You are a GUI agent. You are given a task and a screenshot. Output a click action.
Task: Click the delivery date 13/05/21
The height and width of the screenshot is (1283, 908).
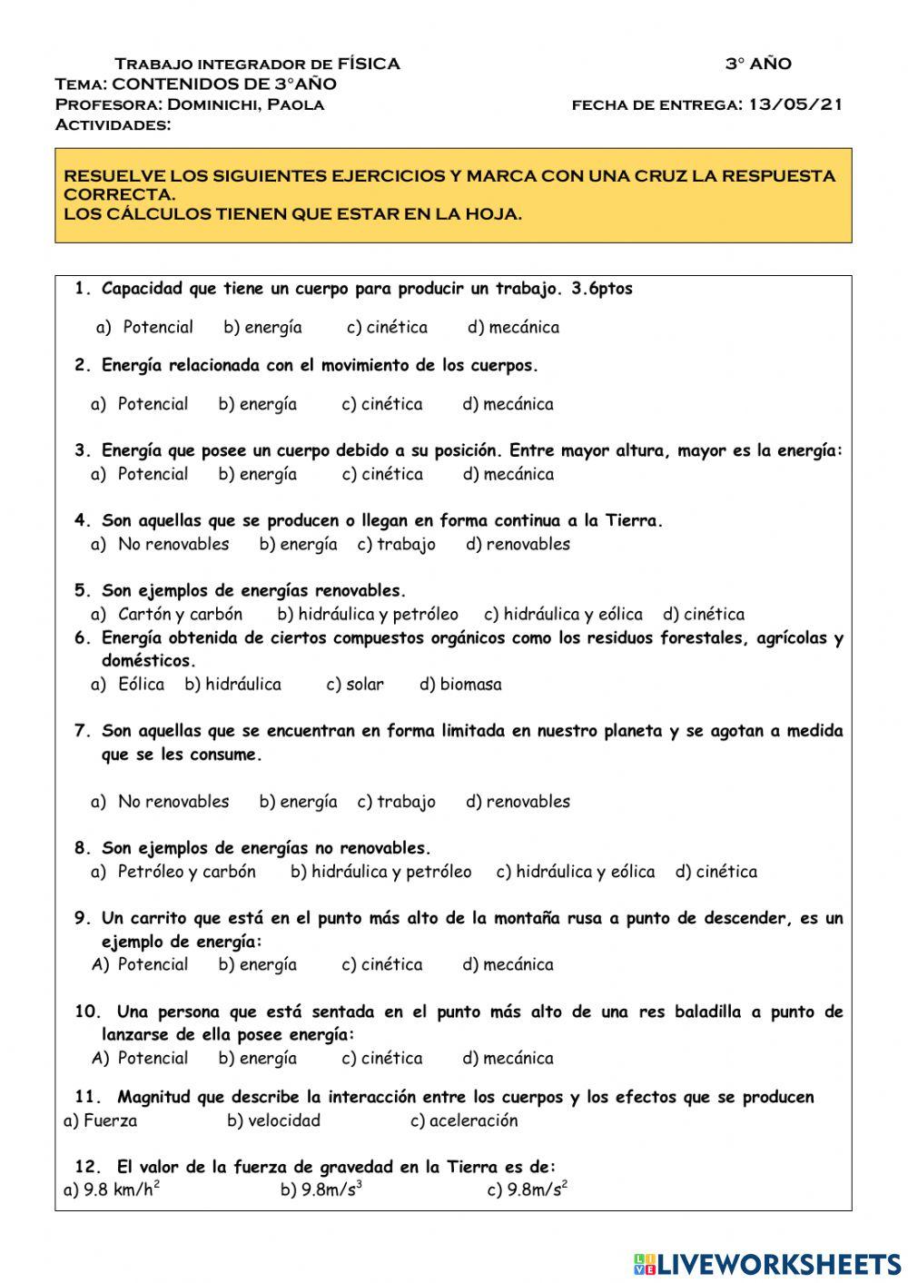point(795,104)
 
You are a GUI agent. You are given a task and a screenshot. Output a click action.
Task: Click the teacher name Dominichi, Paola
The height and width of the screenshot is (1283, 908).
point(245,104)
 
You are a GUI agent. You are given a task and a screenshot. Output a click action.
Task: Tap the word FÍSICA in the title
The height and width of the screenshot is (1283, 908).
point(369,64)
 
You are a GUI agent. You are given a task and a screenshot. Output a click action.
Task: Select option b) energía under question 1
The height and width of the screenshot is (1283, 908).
point(262,327)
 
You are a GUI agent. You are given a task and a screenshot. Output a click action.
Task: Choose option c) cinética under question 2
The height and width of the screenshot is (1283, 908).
point(382,404)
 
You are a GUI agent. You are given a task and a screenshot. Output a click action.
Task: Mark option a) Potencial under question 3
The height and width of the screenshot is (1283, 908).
point(140,474)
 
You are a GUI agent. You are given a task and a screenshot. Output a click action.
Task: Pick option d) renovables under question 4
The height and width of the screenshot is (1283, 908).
point(518,544)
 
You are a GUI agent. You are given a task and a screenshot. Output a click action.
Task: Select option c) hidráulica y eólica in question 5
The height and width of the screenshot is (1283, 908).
point(563,614)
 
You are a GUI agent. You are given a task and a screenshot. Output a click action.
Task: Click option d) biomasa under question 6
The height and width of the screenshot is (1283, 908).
point(460,684)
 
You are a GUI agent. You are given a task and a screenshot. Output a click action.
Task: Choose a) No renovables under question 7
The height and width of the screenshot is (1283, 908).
point(160,801)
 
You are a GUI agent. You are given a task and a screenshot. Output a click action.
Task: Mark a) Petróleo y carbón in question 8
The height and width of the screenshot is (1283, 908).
point(173,871)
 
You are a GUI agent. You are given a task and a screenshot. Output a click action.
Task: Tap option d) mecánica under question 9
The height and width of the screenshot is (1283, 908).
point(508,964)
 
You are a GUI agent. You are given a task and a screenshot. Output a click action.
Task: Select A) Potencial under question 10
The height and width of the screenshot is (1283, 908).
point(140,1058)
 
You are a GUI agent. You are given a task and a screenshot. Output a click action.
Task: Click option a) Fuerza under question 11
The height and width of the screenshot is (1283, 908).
point(100,1120)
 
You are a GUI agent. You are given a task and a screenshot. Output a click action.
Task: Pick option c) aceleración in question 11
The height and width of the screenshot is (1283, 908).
point(464,1120)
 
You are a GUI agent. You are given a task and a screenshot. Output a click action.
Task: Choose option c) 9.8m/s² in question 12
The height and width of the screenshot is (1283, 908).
point(528,1190)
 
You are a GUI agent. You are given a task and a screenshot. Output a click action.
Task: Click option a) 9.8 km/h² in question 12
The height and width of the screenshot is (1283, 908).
point(112,1190)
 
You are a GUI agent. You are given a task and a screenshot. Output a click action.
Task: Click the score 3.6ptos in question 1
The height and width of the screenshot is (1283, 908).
point(602,289)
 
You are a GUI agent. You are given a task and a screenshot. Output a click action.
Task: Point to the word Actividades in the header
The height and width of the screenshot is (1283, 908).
point(113,124)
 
